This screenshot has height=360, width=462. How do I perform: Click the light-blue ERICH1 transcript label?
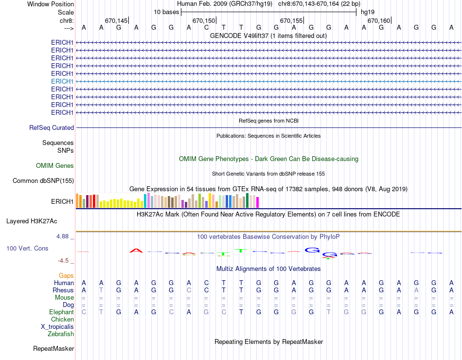(62, 81)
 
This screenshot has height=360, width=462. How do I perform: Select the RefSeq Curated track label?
(52, 127)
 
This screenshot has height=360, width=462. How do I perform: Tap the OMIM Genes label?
(55, 165)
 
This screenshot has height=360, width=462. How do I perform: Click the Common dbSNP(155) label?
(43, 181)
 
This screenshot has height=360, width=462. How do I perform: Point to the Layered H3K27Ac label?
(32, 221)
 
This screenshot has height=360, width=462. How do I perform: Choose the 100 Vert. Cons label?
(27, 248)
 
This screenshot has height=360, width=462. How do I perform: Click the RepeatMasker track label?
(53, 348)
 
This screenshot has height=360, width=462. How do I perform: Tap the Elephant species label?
(61, 312)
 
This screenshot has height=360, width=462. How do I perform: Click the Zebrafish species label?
(61, 334)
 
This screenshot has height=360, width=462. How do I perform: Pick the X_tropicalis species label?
(57, 326)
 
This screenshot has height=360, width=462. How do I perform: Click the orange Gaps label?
(66, 275)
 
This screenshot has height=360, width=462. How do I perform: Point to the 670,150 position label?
(204, 20)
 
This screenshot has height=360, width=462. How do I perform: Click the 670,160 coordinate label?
(379, 20)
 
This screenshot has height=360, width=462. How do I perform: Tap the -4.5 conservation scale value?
(65, 260)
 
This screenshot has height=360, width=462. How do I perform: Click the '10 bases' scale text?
(166, 12)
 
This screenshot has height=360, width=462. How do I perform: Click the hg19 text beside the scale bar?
(368, 12)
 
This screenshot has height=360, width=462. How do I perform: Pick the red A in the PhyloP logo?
(137, 251)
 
